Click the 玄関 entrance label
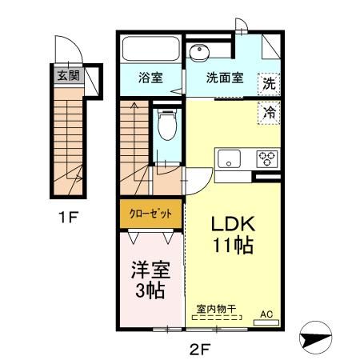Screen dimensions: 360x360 (67, 77)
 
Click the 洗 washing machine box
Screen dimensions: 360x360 (270, 82)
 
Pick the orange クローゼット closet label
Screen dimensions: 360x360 (150, 214)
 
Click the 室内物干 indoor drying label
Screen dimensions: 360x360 (214, 307)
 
